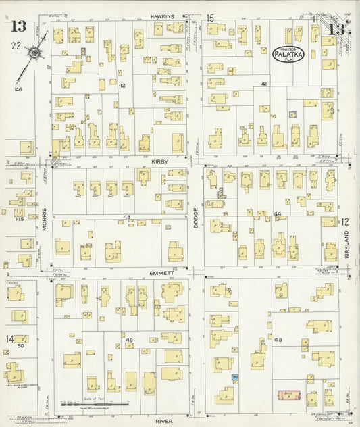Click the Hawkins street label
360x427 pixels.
[163, 16]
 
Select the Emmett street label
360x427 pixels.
[163, 272]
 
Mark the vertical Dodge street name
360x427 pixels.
[197, 218]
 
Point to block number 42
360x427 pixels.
[122, 86]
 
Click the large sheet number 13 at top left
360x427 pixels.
[18, 27]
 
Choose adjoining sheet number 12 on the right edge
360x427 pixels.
[344, 221]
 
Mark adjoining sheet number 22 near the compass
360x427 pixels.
[14, 45]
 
